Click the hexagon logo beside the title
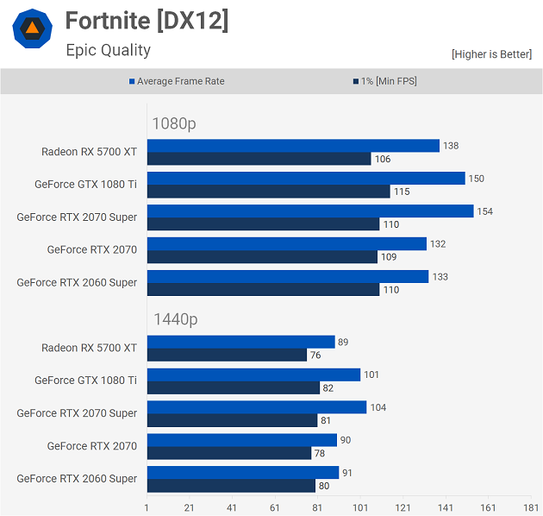(x=31, y=29)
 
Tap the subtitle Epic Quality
(x=108, y=50)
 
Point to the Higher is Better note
(x=491, y=54)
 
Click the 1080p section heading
(x=174, y=123)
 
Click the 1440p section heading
(x=175, y=319)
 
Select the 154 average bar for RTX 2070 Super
(x=310, y=211)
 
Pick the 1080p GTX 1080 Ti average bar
(x=306, y=179)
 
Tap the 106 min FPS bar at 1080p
(x=259, y=159)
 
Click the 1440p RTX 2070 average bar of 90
(x=241, y=440)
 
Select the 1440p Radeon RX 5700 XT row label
(x=89, y=348)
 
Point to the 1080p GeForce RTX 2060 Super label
(x=77, y=282)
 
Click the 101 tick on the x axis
(x=360, y=507)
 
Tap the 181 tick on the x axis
(x=530, y=507)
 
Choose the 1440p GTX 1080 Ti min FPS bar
(x=234, y=388)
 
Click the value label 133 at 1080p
(x=440, y=276)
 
